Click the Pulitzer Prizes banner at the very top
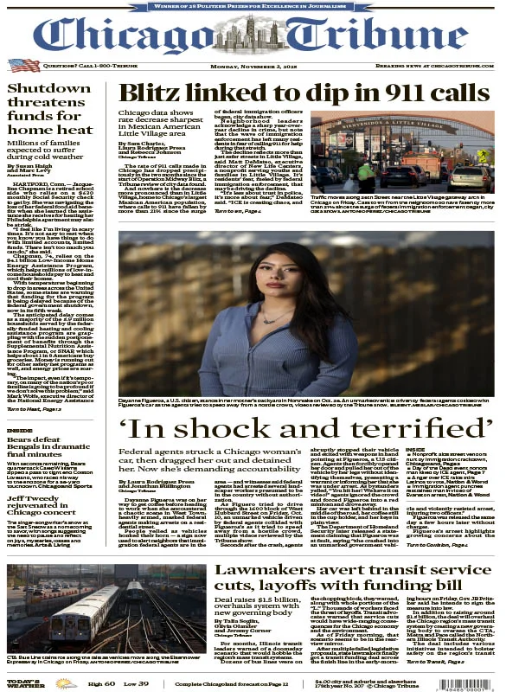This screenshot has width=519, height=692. (259, 6)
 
